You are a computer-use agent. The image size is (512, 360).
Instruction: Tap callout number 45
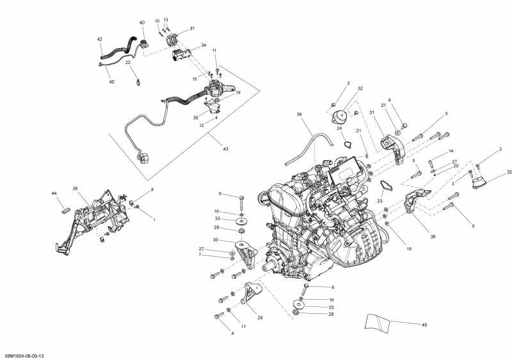coord(424,325)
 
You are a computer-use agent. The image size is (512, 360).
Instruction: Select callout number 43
coord(225,149)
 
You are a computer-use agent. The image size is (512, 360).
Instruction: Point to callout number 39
coord(298,115)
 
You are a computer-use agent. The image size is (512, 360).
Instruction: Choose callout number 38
coord(75,189)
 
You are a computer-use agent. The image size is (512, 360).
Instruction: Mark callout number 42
coord(99,39)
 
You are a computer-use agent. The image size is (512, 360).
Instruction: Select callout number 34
coord(204,45)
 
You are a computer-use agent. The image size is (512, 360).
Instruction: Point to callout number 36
coord(433,236)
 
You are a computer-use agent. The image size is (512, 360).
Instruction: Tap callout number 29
coord(260,318)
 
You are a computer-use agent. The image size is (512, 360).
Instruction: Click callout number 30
coord(216,240)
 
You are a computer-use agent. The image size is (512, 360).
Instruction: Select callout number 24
coord(340,128)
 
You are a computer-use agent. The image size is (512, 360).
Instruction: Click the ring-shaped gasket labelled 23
coord(385,186)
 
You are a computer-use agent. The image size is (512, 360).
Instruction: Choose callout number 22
coord(128,63)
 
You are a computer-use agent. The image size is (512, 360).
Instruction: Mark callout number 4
coord(223,332)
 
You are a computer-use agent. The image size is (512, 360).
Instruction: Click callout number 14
coord(451,151)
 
